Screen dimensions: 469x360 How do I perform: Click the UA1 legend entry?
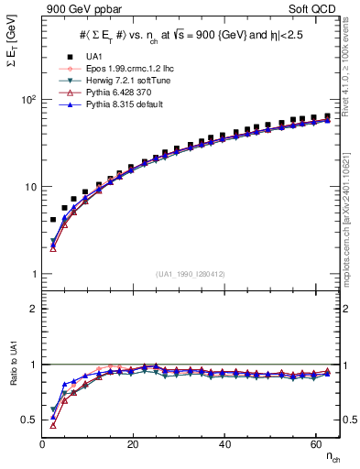(x=94, y=57)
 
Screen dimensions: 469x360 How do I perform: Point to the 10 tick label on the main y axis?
(x=28, y=187)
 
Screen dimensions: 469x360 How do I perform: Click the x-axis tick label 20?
(x=134, y=444)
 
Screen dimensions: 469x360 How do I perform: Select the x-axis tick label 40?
(x=225, y=444)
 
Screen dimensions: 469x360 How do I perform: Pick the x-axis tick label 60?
(x=317, y=444)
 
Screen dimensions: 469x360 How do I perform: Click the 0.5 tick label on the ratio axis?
(x=27, y=420)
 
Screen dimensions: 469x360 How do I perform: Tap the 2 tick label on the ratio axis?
(x=33, y=309)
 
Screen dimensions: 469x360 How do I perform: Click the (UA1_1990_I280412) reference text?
(x=191, y=274)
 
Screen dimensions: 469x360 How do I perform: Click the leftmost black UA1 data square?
(x=53, y=220)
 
